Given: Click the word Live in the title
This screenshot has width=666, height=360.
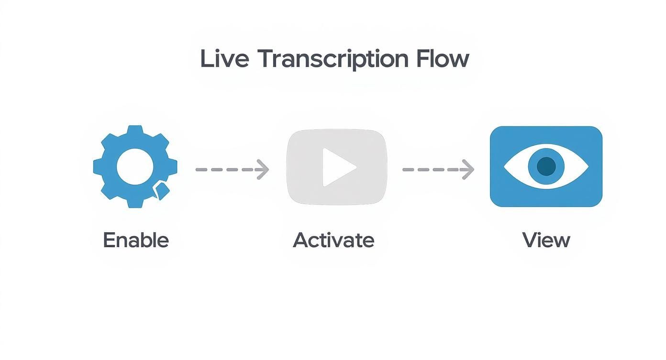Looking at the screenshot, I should [x=224, y=59].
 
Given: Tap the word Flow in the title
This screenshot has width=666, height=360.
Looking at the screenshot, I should [x=443, y=59].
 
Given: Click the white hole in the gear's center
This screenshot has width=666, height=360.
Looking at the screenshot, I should [x=135, y=167].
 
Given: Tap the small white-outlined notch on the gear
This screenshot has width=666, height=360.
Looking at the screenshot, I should [x=161, y=191].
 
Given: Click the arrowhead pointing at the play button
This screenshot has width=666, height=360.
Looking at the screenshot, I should [x=264, y=169].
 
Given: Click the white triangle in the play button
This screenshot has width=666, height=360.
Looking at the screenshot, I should [x=337, y=167].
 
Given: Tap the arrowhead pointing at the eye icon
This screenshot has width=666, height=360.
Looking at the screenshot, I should [x=468, y=169].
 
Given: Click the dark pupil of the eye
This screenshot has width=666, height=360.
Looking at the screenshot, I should [x=546, y=167].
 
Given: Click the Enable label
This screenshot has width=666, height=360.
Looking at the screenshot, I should [x=136, y=240].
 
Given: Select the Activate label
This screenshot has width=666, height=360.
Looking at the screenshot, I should [x=333, y=240].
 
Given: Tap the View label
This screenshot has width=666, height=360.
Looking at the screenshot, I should [x=546, y=240].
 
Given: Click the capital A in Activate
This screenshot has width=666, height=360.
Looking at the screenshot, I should [x=301, y=240].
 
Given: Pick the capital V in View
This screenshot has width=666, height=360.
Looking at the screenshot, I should [x=530, y=240].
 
